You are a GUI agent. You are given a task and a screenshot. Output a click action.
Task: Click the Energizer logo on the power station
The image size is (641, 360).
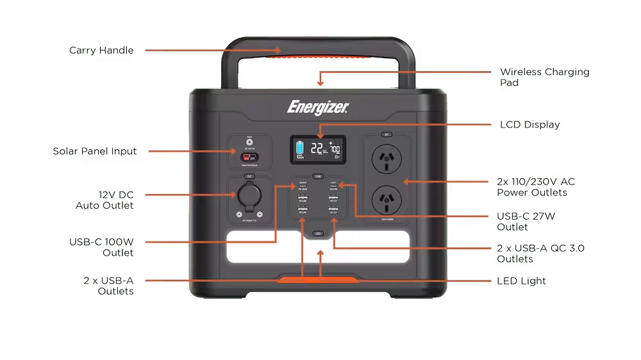click(318, 105)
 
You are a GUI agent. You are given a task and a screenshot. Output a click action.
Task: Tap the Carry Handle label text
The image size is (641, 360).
click(101, 50)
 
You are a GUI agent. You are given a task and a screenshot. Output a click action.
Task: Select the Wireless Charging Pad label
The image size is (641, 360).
click(544, 77)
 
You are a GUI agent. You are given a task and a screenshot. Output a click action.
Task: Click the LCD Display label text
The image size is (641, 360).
click(529, 125)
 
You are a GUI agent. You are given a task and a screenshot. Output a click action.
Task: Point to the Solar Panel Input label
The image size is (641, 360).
click(95, 152)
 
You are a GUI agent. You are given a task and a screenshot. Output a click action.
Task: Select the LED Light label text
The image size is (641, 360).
click(522, 281)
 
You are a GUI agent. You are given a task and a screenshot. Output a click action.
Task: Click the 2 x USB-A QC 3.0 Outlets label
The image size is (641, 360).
click(540, 254)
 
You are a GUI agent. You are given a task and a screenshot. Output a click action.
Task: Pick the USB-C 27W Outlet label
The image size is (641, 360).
click(526, 222)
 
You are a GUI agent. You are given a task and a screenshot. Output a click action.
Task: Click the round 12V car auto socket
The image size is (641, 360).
click(249, 195)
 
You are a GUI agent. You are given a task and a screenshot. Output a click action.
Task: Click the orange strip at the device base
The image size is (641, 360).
click(318, 280)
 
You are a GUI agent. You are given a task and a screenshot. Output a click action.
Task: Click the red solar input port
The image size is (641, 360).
click(247, 157)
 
